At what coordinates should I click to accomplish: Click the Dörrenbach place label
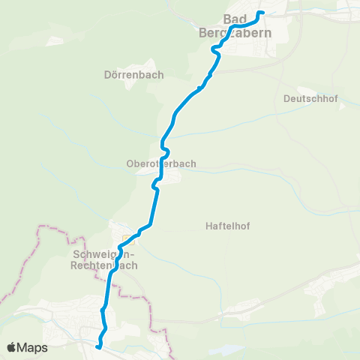(x=134, y=75)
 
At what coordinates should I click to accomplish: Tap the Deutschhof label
(x=311, y=98)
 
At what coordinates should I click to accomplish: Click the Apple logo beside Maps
(x=13, y=348)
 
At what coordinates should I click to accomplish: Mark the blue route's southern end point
(x=98, y=346)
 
